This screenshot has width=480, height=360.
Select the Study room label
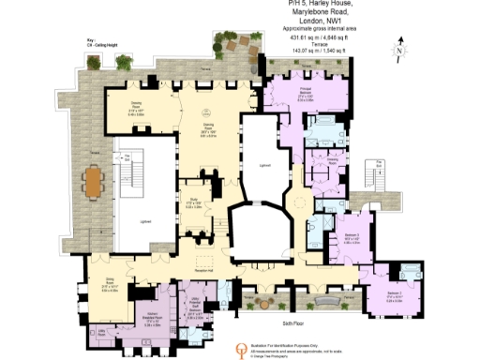point(193,202)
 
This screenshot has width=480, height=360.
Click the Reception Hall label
point(205,270)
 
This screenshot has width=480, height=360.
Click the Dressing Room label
point(332,161)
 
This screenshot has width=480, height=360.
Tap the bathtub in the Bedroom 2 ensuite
point(413,273)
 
